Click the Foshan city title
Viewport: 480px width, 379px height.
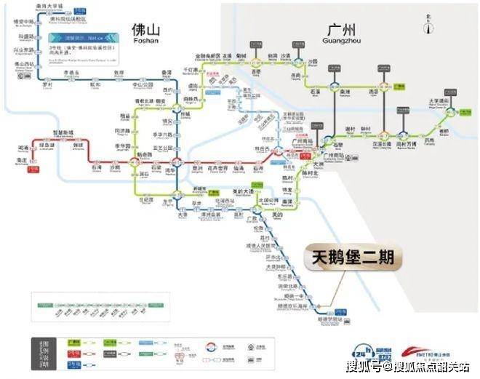coord(145,32)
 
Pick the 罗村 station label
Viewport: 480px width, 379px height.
coord(48,84)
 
